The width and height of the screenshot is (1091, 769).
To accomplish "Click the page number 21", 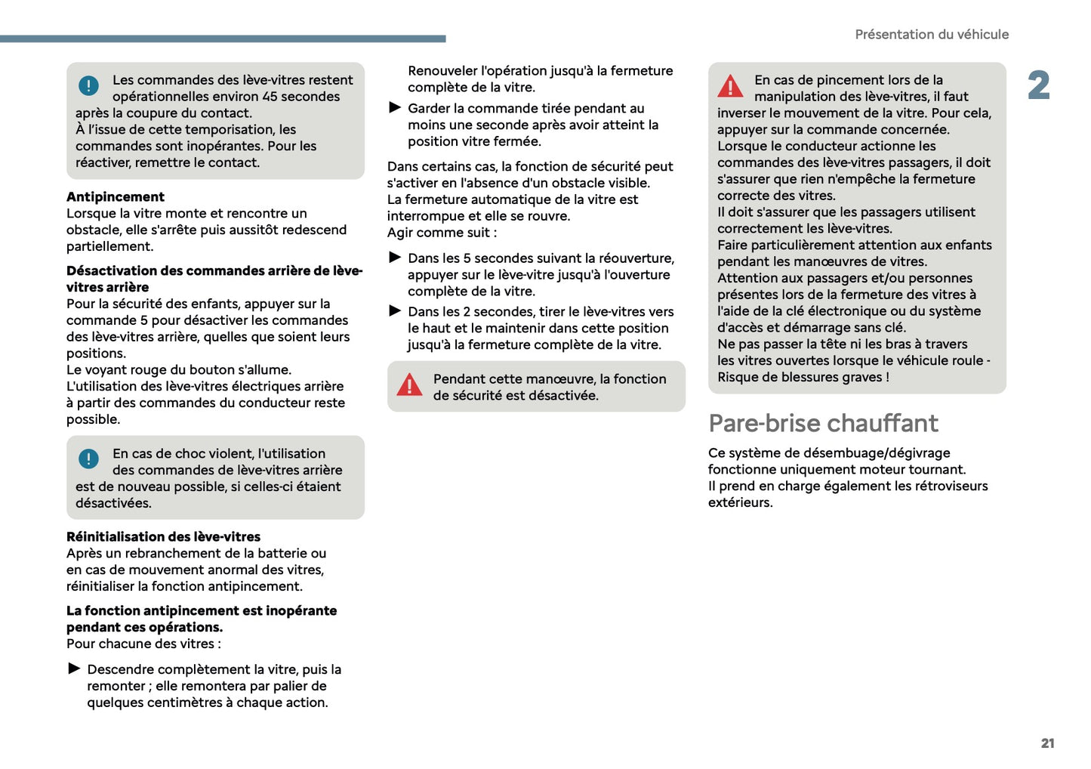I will click(1047, 743).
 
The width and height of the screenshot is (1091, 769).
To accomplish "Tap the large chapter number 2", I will click(1039, 85).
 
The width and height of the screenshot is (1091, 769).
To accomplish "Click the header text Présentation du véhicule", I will click(931, 35).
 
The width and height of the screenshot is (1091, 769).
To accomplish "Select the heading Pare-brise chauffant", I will click(823, 423).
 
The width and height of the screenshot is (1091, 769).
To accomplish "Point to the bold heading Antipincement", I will click(116, 197).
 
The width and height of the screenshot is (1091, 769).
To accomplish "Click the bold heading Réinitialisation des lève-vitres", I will click(163, 537).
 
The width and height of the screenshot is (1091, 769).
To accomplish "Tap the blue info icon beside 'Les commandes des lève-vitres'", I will click(88, 86).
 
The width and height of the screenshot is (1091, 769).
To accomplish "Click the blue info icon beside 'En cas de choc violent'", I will click(88, 459).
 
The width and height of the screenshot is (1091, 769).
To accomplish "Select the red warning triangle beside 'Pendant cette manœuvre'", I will click(409, 385).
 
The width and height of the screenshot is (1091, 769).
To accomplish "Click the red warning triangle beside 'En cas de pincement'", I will click(730, 86).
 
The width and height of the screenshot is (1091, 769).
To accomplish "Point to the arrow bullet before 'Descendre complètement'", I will click(74, 669).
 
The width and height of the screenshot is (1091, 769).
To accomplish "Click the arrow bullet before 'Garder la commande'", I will click(395, 108).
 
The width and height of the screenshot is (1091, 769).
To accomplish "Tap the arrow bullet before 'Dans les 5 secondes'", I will click(395, 258).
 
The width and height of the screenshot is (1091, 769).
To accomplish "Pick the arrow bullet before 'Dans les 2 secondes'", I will click(395, 311).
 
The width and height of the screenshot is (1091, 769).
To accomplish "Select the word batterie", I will click(279, 554).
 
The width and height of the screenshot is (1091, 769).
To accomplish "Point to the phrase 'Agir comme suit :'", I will click(442, 233).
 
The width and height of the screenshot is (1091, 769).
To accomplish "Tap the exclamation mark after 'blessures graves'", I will click(887, 377).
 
